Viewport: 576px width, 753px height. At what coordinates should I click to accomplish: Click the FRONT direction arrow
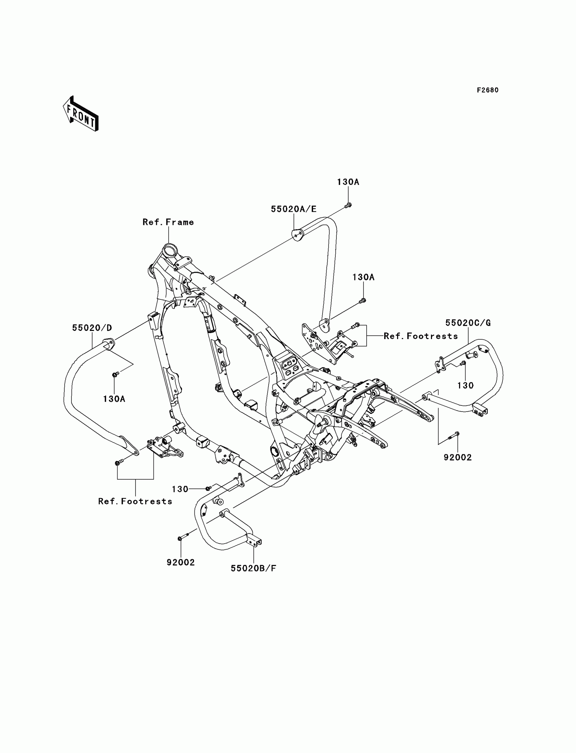[x=81, y=114]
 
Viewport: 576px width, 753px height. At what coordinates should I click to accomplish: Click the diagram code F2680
[x=488, y=90]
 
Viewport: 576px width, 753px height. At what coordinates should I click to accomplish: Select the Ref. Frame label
[x=168, y=222]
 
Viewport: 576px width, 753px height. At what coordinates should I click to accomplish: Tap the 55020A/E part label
[x=294, y=209]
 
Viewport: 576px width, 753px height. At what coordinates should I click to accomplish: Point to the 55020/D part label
[x=92, y=328]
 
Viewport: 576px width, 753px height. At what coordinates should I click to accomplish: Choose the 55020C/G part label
[x=468, y=323]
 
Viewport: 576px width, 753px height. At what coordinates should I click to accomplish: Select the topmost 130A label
[x=348, y=182]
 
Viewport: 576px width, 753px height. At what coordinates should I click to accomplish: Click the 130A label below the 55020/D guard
[x=114, y=399]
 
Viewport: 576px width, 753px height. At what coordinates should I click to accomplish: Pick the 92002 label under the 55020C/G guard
[x=458, y=458]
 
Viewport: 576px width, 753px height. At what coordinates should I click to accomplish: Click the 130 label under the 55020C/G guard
[x=465, y=385]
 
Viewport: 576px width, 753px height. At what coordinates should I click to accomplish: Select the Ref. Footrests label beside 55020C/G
[x=421, y=336]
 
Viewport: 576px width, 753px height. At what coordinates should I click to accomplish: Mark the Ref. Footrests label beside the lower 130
[x=135, y=501]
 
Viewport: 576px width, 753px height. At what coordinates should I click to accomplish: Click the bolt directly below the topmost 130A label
[x=348, y=205]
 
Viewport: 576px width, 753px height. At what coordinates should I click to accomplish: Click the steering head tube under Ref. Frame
[x=169, y=249]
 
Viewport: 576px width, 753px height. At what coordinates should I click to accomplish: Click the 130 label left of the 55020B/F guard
[x=180, y=489]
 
